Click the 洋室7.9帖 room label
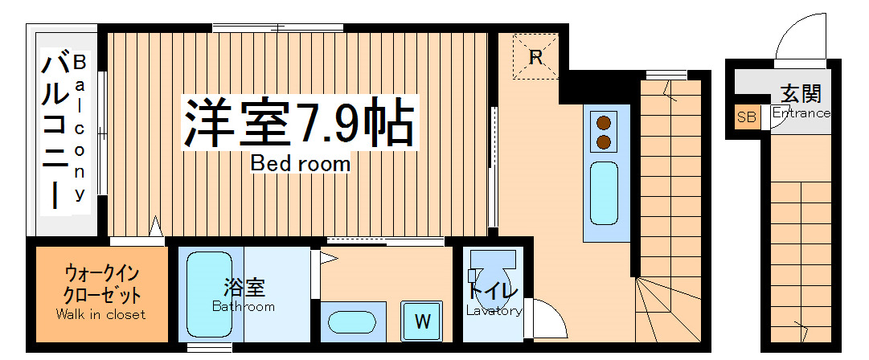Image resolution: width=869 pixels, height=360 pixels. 300,123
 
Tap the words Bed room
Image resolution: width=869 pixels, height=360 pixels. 301,164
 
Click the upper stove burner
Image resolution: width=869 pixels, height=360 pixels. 603,123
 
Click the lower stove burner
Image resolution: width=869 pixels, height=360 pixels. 603,143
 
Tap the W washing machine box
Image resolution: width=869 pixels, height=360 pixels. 422,321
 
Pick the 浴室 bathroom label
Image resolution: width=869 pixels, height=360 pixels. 244,287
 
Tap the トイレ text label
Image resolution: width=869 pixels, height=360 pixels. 493,292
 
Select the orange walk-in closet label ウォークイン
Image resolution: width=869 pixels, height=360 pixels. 101,273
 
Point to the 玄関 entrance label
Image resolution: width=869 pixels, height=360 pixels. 801,93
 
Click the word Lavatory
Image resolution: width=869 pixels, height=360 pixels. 494,310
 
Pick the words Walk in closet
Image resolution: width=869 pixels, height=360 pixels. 101,314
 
